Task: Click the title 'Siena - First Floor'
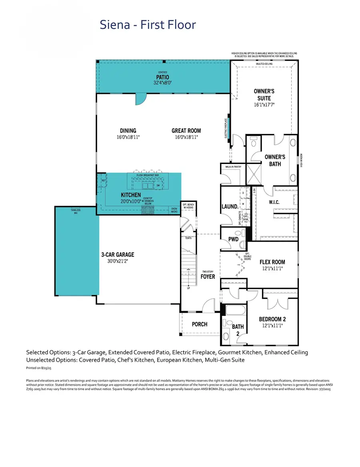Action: (148, 25)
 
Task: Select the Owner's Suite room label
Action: (264, 95)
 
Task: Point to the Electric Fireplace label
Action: (226, 129)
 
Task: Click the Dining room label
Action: (128, 131)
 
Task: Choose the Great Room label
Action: (186, 131)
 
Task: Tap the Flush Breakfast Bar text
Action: (148, 175)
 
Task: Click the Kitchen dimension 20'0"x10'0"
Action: (131, 202)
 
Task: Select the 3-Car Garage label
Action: (118, 254)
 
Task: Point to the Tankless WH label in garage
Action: (76, 212)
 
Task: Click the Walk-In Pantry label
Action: (233, 167)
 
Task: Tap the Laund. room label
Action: (230, 207)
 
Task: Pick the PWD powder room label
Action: (233, 239)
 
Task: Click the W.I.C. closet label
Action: (274, 202)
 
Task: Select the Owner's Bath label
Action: (275, 160)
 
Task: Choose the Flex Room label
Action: (272, 262)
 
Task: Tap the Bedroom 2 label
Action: (272, 319)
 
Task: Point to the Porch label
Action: (199, 324)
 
